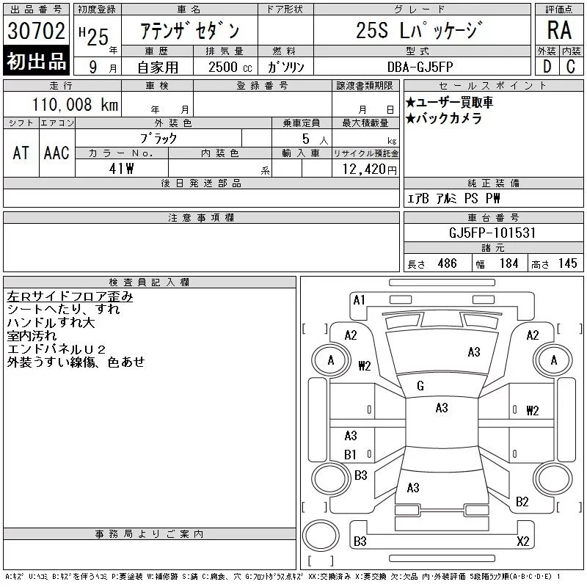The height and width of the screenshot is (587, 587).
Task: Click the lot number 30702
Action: tap(36, 30)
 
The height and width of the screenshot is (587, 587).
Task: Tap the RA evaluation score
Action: tap(559, 30)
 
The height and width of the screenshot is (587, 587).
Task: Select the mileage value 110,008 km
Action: tap(75, 104)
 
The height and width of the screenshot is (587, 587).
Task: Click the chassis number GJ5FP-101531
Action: tap(492, 233)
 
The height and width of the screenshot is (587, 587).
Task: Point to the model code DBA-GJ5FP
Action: tap(420, 67)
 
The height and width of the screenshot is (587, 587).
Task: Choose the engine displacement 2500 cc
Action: tap(230, 67)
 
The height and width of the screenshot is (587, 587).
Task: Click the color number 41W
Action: tap(121, 169)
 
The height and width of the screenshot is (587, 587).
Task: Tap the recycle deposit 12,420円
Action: tap(370, 169)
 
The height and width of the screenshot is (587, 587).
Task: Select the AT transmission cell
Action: tap(21, 153)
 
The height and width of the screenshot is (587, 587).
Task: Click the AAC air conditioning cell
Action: tap(56, 153)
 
